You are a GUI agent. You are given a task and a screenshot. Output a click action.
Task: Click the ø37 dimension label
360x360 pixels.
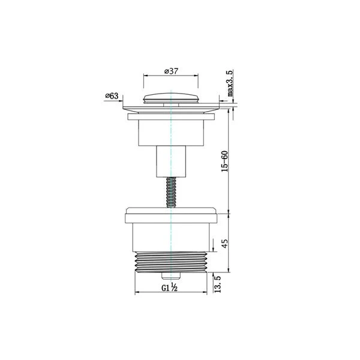click(x=171, y=71)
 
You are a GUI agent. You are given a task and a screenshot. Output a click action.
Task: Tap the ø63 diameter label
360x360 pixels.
click(x=112, y=96)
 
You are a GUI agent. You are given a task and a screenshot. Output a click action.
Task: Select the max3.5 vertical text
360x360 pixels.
click(x=230, y=83)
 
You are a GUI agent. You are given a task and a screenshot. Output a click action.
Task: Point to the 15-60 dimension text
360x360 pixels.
click(x=224, y=161)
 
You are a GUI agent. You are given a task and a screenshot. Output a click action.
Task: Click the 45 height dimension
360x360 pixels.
click(x=225, y=244)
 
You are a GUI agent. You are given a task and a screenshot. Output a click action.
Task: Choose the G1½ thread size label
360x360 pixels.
click(x=169, y=287)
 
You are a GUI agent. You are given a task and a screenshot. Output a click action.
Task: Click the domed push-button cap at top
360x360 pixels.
click(x=171, y=98)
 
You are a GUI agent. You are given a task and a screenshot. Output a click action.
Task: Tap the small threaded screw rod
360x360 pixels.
click(x=171, y=193)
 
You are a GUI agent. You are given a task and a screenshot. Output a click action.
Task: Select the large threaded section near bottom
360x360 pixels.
click(x=171, y=262)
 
